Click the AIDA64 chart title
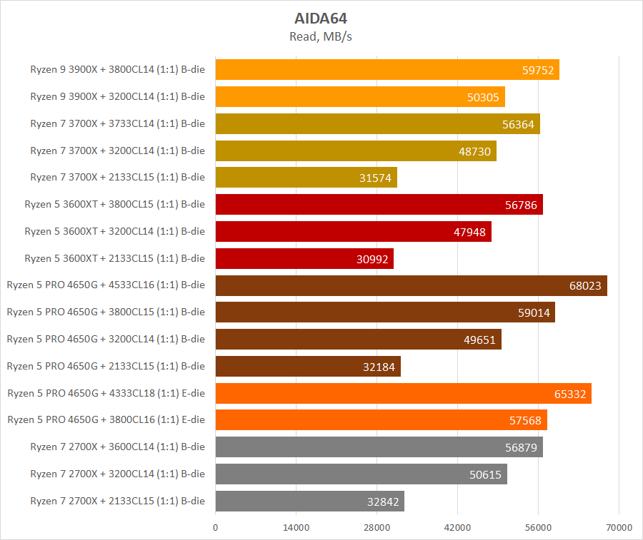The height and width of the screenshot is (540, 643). click(x=321, y=19)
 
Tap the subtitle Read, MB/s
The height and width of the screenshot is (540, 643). click(x=321, y=36)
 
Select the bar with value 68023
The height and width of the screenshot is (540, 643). click(x=411, y=286)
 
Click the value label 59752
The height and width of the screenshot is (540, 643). click(x=539, y=70)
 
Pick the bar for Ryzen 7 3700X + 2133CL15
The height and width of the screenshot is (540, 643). click(x=306, y=178)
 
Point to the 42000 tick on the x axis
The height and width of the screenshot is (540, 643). click(x=457, y=527)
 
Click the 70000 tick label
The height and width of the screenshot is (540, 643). click(x=619, y=527)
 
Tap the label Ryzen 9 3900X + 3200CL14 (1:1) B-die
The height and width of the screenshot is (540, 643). click(x=117, y=96)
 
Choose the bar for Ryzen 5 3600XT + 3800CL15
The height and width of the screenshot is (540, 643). click(x=379, y=205)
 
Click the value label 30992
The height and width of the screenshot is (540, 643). click(x=372, y=259)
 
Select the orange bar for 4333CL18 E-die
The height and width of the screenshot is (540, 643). click(x=403, y=394)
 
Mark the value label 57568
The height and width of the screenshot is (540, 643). click(x=526, y=421)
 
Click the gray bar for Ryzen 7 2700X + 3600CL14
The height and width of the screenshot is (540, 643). click(x=379, y=447)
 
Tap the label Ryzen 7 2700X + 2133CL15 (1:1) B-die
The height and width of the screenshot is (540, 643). click(x=117, y=501)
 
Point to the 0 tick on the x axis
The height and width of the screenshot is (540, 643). click(x=215, y=527)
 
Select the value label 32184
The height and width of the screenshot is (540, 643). click(x=379, y=367)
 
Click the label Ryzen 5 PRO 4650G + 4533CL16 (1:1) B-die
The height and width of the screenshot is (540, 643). click(x=106, y=285)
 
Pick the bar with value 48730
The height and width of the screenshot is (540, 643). click(x=355, y=151)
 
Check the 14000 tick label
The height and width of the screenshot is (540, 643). click(x=296, y=527)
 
